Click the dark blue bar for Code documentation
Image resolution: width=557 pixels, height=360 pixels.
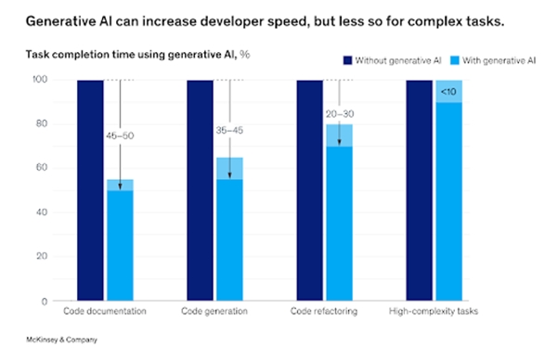91,190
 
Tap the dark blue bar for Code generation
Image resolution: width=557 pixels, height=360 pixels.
201,190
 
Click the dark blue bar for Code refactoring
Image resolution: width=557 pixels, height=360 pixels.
310,190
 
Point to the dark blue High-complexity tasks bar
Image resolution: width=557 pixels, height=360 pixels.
421,190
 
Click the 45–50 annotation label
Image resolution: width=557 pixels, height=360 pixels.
119,135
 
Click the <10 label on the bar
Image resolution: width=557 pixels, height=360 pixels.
447,91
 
